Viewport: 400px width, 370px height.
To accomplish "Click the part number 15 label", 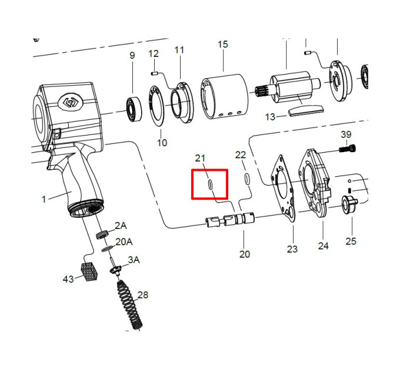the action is (x=223, y=44).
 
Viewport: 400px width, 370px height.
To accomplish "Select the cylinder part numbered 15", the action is (x=225, y=96).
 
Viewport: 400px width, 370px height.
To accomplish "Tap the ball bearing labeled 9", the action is (x=134, y=109).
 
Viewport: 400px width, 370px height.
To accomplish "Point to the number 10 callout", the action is (x=162, y=143).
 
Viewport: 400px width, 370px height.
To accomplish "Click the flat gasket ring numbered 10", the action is (x=156, y=106).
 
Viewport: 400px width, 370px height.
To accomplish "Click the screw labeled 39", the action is (x=348, y=148).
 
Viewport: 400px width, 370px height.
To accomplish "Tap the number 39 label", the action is (x=346, y=134).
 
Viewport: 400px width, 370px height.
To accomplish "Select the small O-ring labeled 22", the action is (x=247, y=179).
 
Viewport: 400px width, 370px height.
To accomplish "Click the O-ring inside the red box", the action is (x=209, y=184).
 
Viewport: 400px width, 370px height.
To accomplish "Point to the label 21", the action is (x=200, y=158).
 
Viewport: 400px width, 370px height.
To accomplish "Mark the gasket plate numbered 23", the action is (x=284, y=189).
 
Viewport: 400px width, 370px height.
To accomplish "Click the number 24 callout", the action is (x=323, y=245).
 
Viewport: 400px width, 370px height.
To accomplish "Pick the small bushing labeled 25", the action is (x=350, y=205).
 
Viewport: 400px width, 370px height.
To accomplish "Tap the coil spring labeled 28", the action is (x=129, y=305).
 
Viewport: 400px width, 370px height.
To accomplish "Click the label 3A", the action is (x=134, y=260).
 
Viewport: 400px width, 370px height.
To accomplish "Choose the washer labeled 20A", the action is (x=107, y=249).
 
